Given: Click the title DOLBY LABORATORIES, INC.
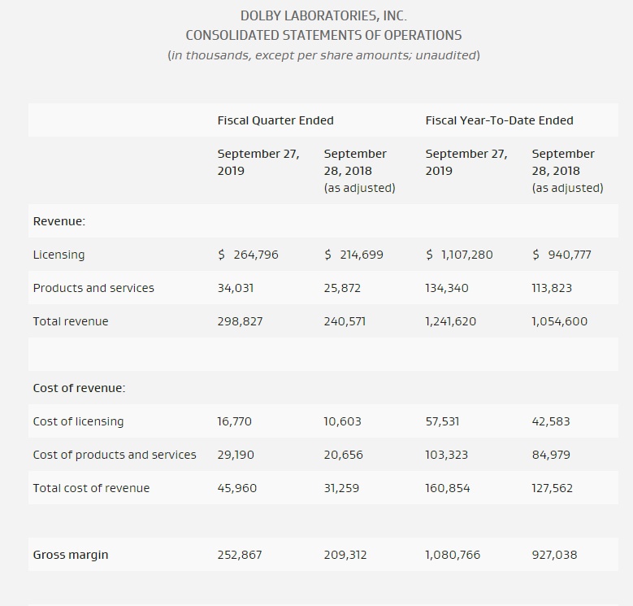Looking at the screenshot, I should point(323,15).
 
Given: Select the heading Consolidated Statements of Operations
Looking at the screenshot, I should point(323,35).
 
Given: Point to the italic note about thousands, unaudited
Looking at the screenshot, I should point(323,55).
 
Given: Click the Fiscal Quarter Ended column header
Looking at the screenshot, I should point(275,120).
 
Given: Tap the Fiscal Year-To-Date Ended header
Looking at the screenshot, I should point(499,120).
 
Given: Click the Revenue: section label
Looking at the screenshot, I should point(59,221).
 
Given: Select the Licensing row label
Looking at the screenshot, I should point(59,255).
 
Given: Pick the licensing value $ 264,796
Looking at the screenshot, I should point(248,255).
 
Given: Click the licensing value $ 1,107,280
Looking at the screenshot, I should point(459,255).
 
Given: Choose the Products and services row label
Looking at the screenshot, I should point(93,288).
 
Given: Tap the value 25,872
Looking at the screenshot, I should point(342,288).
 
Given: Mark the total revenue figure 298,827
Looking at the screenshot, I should point(240,321).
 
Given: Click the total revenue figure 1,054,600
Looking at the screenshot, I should point(559,321).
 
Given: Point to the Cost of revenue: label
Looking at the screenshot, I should point(80,388).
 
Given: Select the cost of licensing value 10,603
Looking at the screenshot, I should point(342,421).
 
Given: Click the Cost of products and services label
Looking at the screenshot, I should point(115,455).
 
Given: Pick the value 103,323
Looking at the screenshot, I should point(446,455).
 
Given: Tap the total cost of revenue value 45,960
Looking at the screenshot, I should point(237,488).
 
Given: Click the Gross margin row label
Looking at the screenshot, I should point(71,555).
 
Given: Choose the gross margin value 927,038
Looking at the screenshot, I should point(554,555).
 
